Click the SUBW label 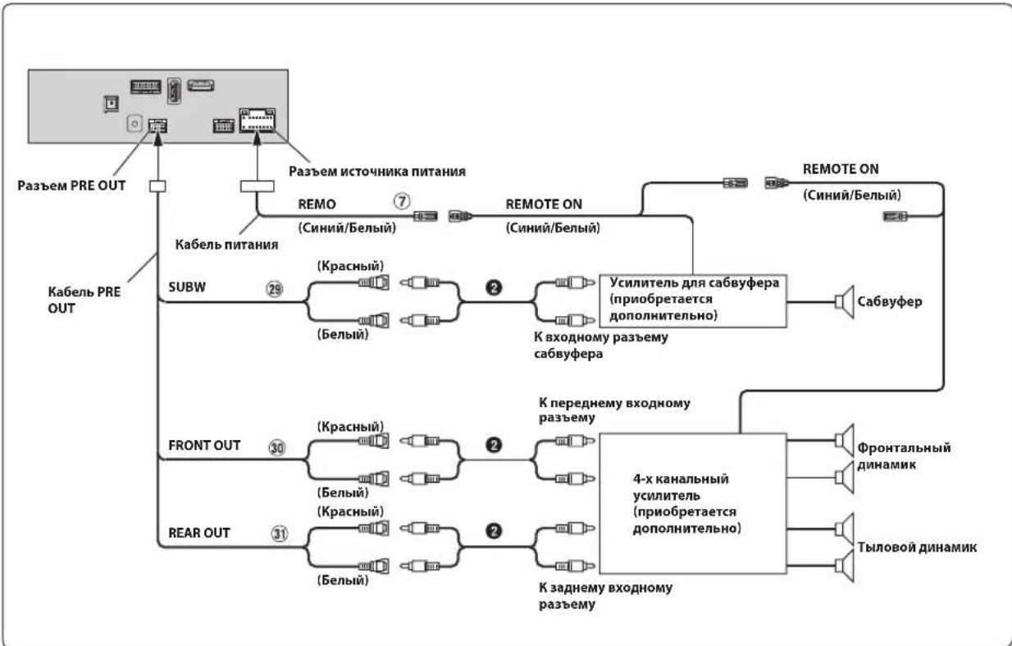187,287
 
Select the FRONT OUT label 204,445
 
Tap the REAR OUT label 199,533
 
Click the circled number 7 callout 402,201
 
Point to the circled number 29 274,289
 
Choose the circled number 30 277,447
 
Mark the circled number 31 280,534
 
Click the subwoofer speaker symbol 844,301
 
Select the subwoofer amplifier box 693,301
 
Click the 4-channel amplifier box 693,504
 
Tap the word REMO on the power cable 317,204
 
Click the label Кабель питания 227,245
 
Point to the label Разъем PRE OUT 71,186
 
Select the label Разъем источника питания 377,172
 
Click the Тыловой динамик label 917,547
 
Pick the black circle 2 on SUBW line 494,287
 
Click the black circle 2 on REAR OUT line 494,531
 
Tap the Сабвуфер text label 890,301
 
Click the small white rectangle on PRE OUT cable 157,186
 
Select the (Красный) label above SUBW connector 350,265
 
